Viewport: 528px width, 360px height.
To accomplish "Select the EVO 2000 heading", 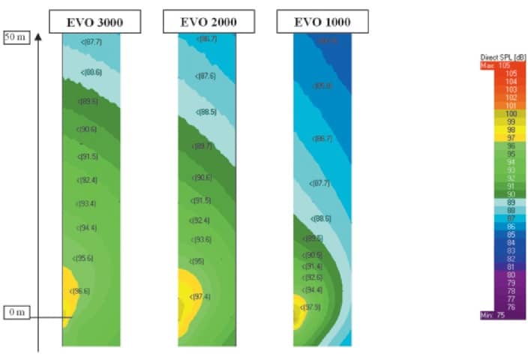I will pyautogui.click(x=209, y=22).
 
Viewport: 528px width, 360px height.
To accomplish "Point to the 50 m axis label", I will pyautogui.click(x=16, y=37).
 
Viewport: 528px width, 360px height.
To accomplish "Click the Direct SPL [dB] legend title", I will pyautogui.click(x=502, y=58).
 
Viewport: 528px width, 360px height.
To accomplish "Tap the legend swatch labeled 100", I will pyautogui.click(x=502, y=113).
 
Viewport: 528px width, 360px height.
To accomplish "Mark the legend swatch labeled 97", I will pyautogui.click(x=502, y=137).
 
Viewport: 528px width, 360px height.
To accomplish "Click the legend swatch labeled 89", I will pyautogui.click(x=502, y=202).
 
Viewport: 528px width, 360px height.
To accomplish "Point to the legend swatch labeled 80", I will pyautogui.click(x=502, y=274).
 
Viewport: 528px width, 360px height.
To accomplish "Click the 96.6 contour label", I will pyautogui.click(x=81, y=291).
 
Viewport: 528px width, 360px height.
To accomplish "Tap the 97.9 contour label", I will pyautogui.click(x=312, y=307).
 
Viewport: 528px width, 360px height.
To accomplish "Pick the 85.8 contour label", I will pyautogui.click(x=322, y=85).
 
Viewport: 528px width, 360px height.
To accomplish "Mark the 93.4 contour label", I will pyautogui.click(x=87, y=204).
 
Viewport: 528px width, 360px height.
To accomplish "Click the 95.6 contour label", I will pyautogui.click(x=84, y=258).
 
